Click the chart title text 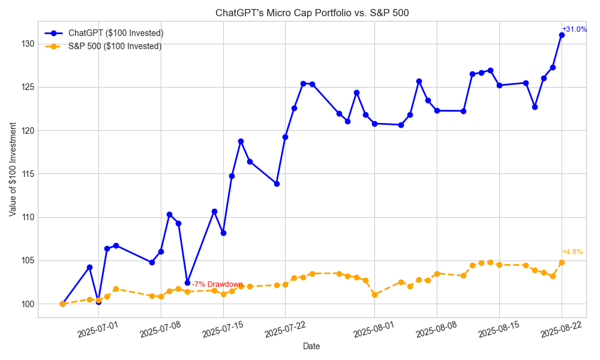pos(312,13)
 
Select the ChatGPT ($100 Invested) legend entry pos(116,33)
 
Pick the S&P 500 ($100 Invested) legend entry pos(115,46)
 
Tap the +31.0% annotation pos(574,29)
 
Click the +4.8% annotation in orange pos(572,252)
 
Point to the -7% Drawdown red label pos(217,284)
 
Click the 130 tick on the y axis pos(27,44)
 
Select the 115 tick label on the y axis pos(27,174)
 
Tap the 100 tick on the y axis pos(27,304)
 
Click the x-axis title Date pos(311,346)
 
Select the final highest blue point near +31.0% pos(562,35)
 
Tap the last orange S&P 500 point pos(562,262)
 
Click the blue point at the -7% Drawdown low pos(187,283)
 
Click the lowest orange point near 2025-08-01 pos(374,295)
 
